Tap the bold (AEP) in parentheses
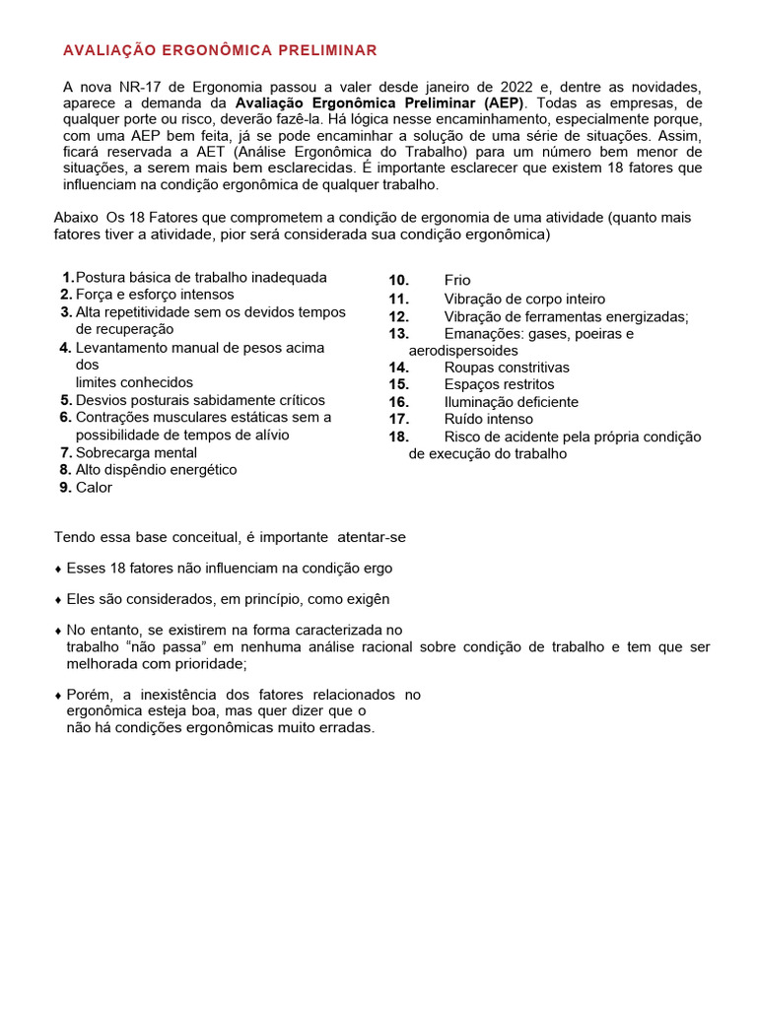pyautogui.click(x=503, y=103)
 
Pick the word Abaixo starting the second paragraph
pyautogui.click(x=76, y=217)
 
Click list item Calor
pyautogui.click(x=94, y=488)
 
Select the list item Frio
pyautogui.click(x=457, y=281)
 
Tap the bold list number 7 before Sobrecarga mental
pyautogui.click(x=66, y=453)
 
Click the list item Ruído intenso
pyautogui.click(x=488, y=420)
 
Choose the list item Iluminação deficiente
pyautogui.click(x=511, y=402)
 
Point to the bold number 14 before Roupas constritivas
pyautogui.click(x=398, y=368)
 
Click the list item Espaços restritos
pyautogui.click(x=499, y=384)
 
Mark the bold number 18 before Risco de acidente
pyautogui.click(x=398, y=437)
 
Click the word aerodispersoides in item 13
pyautogui.click(x=462, y=351)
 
